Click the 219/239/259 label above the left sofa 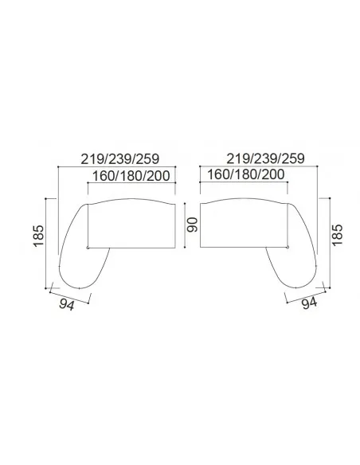pyautogui.click(x=120, y=159)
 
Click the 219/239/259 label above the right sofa pyautogui.click(x=265, y=159)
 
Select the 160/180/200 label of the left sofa pyautogui.click(x=131, y=176)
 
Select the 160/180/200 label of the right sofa pyautogui.click(x=245, y=174)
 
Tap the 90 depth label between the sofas pyautogui.click(x=192, y=225)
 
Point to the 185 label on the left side pyautogui.click(x=39, y=236)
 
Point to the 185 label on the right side pyautogui.click(x=337, y=235)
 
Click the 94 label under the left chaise pyautogui.click(x=67, y=305)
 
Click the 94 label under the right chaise pyautogui.click(x=309, y=303)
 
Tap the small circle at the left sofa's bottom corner pyautogui.click(x=88, y=248)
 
